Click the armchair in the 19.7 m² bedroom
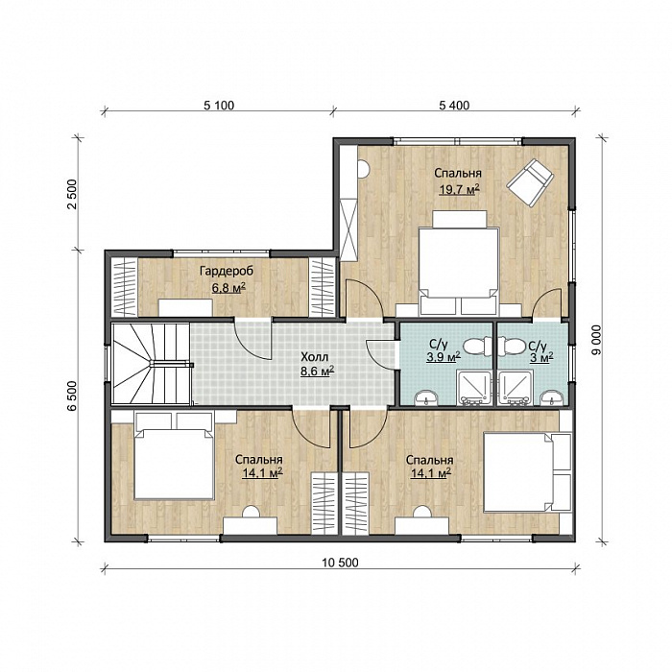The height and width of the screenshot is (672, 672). [530, 180]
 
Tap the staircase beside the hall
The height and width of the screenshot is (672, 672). [151, 364]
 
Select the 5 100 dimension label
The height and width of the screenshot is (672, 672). [219, 105]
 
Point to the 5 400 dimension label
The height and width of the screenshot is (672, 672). [454, 105]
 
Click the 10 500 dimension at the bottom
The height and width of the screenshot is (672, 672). [340, 563]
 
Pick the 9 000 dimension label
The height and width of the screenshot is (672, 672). [596, 340]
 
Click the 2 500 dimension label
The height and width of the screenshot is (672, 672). [72, 194]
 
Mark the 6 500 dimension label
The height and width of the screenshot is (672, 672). [72, 396]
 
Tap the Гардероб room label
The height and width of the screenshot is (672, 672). [227, 271]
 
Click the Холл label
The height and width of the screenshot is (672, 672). [314, 357]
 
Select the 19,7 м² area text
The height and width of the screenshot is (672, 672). [459, 189]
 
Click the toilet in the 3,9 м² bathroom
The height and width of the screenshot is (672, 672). [478, 346]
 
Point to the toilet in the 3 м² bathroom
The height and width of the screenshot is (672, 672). [512, 346]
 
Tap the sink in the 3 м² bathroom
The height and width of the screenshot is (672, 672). [551, 398]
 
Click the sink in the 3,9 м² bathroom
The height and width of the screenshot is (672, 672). [426, 398]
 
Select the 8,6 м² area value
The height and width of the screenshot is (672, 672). [317, 372]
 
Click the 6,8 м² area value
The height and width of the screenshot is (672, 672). [228, 287]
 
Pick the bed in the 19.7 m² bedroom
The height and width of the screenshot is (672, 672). [459, 262]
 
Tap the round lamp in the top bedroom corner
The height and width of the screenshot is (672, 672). [363, 169]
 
